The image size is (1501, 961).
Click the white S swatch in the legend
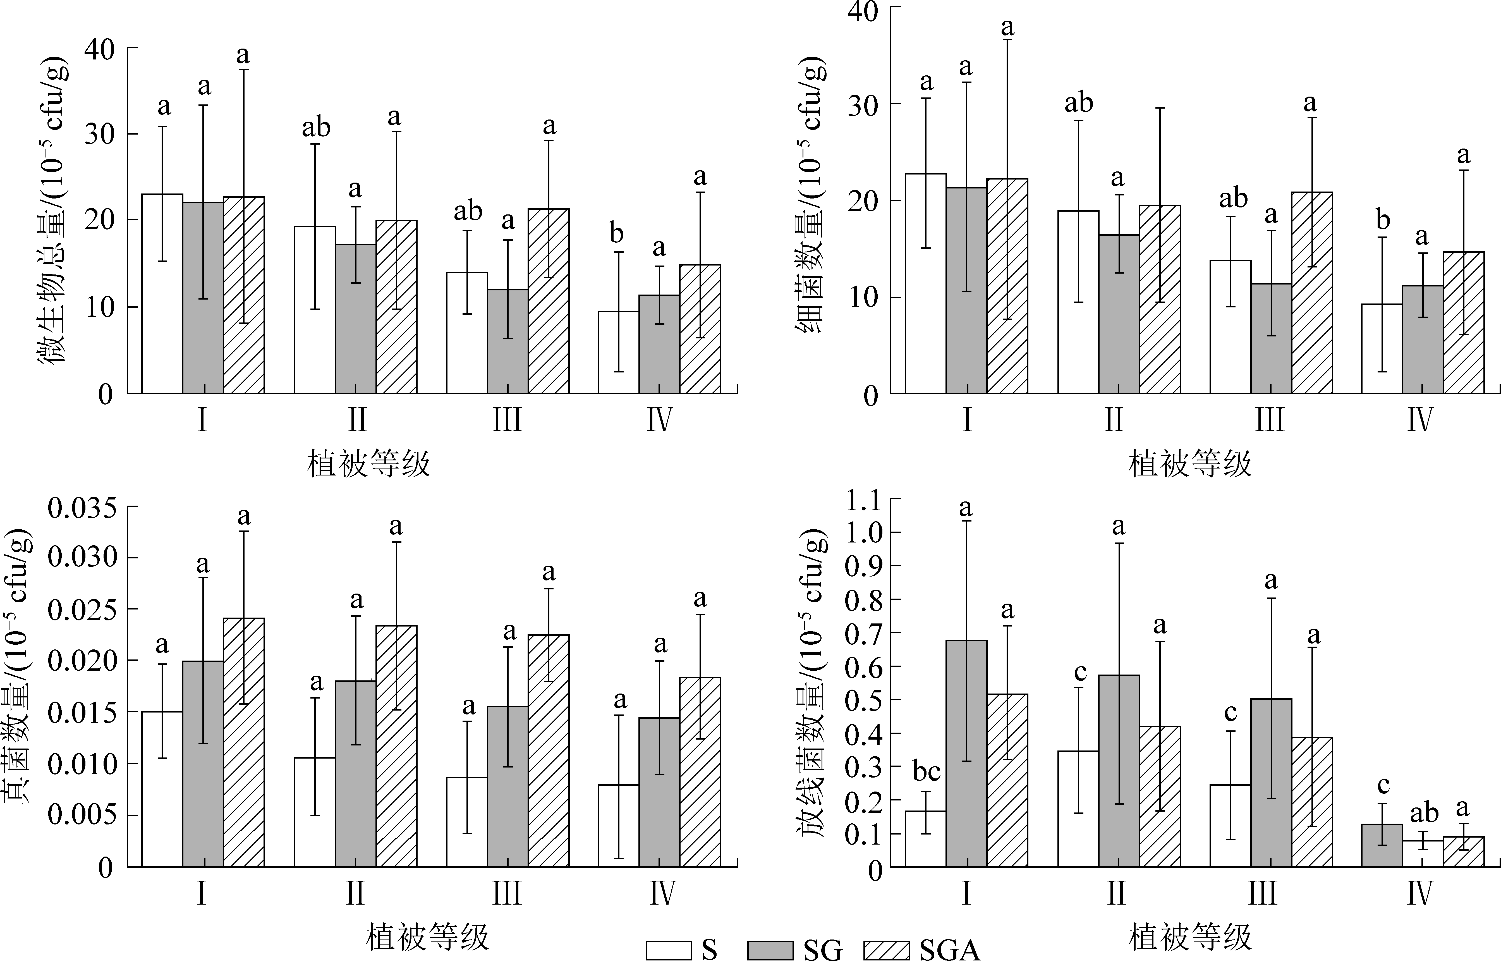[668, 950]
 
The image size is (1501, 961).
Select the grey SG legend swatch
[770, 950]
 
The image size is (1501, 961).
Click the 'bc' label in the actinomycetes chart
[926, 772]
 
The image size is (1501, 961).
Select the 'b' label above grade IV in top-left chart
[616, 234]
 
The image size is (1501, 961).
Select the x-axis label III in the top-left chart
[507, 420]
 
